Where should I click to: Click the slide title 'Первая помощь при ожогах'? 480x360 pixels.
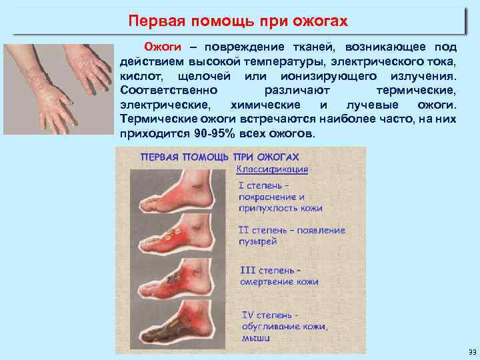(x=239, y=22)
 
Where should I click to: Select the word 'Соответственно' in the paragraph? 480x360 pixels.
(x=164, y=91)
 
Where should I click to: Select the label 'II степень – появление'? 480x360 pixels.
(x=291, y=230)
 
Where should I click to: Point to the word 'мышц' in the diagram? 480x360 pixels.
(x=255, y=337)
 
